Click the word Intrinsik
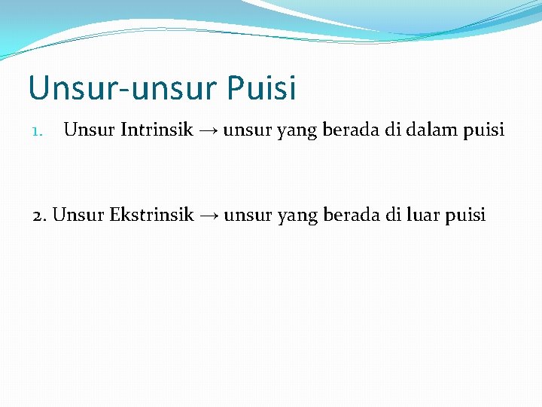coord(156,130)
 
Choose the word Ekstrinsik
coord(151,216)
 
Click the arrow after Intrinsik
coord(209,131)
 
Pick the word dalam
coord(432,130)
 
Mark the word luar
coord(423,216)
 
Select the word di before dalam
coord(393,130)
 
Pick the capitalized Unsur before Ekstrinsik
coord(79,216)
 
